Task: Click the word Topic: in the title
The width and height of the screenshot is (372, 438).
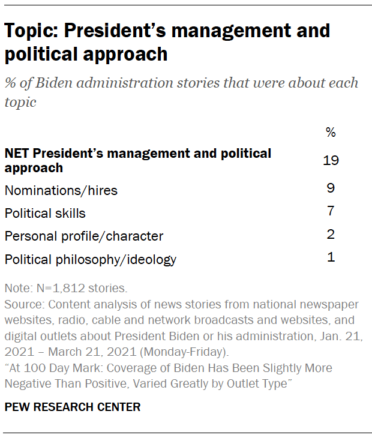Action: click(32, 31)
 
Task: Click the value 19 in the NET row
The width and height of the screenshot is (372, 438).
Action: click(330, 160)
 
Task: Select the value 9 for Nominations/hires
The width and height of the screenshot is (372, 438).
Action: click(330, 188)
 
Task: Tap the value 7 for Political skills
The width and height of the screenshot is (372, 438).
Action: click(330, 211)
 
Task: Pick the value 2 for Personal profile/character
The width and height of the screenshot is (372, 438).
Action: click(330, 234)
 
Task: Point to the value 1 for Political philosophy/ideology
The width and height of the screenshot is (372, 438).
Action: click(330, 257)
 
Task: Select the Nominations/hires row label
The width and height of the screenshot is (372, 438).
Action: click(61, 191)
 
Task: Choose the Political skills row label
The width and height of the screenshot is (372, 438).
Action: click(45, 214)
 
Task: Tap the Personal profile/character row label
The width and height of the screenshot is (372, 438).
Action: click(84, 236)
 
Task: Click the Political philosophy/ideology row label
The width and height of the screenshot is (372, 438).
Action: click(91, 260)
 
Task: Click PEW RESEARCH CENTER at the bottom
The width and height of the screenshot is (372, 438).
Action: click(73, 407)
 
